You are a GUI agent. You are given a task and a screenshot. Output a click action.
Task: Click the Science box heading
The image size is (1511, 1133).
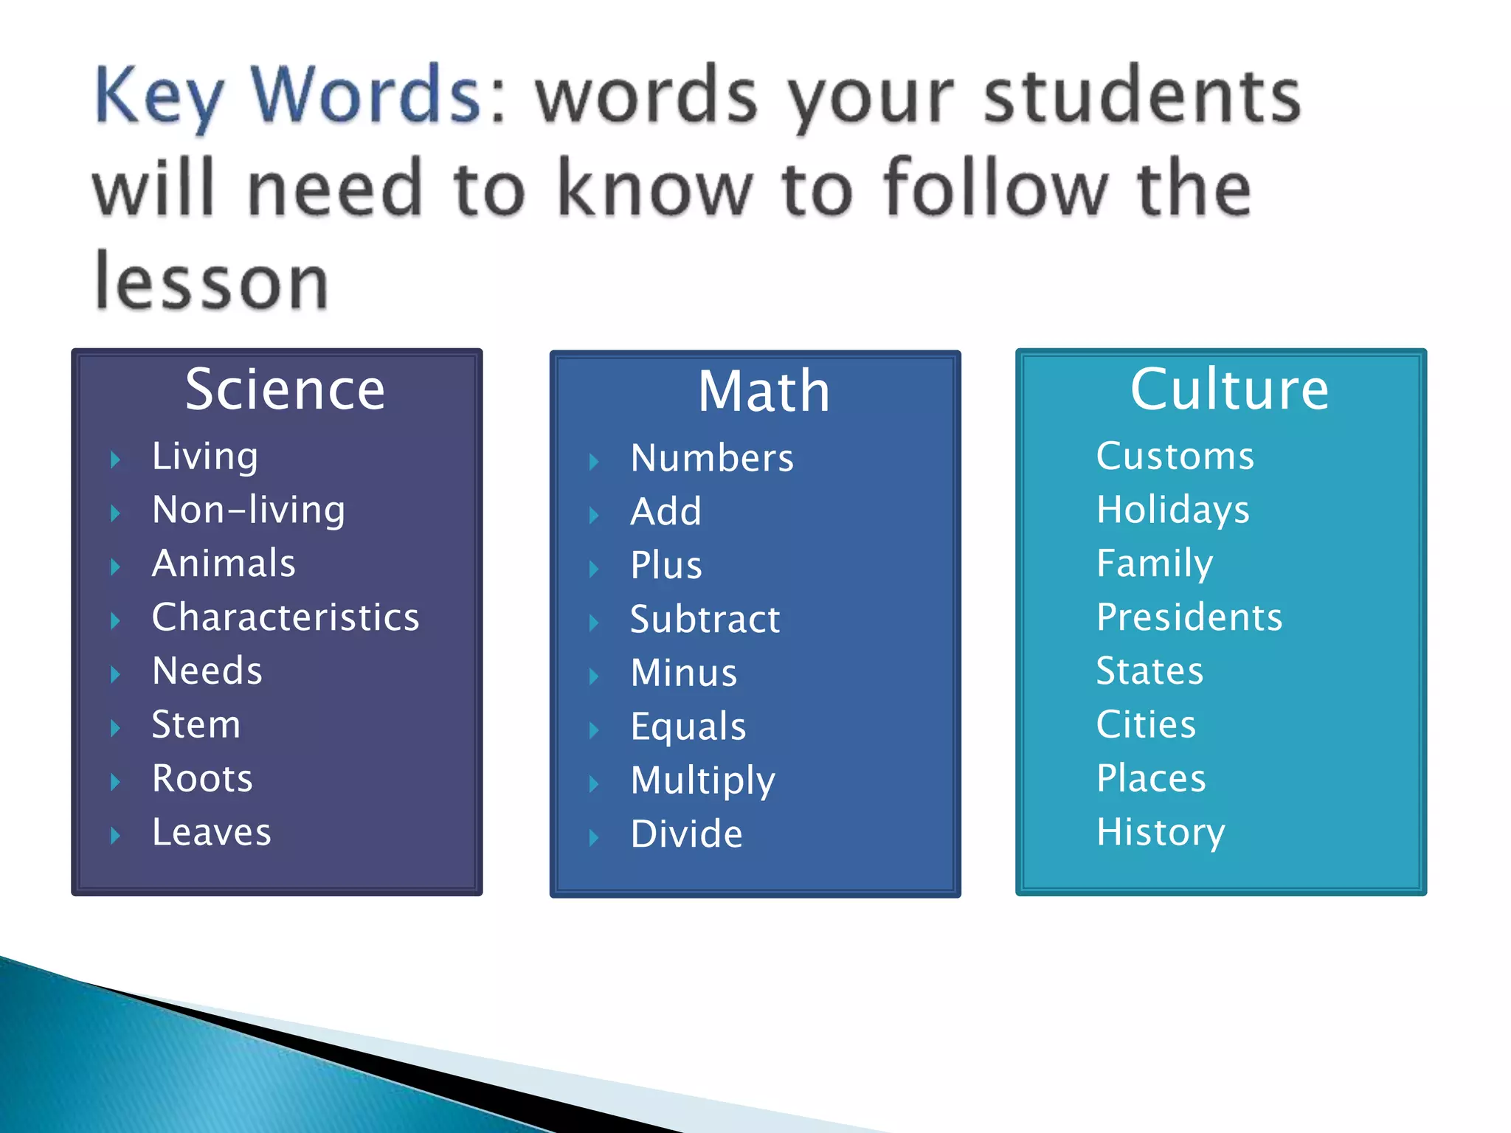point(285,389)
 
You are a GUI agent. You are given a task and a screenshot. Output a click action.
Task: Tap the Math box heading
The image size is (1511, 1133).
point(764,391)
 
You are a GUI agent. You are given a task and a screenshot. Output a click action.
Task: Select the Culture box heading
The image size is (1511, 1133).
point(1229,389)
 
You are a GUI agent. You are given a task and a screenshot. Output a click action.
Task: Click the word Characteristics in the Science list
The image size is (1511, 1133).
point(286,617)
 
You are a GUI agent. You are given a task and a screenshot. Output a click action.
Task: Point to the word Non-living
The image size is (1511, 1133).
point(249,510)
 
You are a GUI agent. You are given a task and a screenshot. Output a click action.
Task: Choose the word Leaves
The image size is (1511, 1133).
point(212,832)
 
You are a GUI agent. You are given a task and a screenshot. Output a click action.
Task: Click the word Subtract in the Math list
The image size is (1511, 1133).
point(705,619)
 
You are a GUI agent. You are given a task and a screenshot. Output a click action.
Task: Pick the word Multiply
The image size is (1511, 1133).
point(703,781)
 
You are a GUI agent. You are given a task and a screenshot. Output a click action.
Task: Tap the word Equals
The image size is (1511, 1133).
point(688,727)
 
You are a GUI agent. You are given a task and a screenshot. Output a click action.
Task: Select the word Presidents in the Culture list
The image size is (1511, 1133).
point(1189,617)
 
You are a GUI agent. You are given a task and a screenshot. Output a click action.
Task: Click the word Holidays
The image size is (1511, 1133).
point(1173,510)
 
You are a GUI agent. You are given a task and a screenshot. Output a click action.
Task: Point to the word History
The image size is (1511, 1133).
point(1161,833)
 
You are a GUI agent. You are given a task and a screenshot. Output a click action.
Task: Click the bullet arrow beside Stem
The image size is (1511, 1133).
point(115,728)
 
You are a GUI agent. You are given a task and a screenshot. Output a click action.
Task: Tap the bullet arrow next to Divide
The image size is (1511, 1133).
point(594,837)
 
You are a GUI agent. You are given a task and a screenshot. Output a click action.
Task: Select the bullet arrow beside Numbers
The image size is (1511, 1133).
point(594,462)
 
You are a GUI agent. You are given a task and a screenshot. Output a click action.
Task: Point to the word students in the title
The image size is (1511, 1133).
point(1142,96)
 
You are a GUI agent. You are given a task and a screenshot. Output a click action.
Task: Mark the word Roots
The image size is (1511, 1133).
point(202,778)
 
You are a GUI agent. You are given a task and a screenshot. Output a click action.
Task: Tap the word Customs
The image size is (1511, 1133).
point(1175,456)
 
